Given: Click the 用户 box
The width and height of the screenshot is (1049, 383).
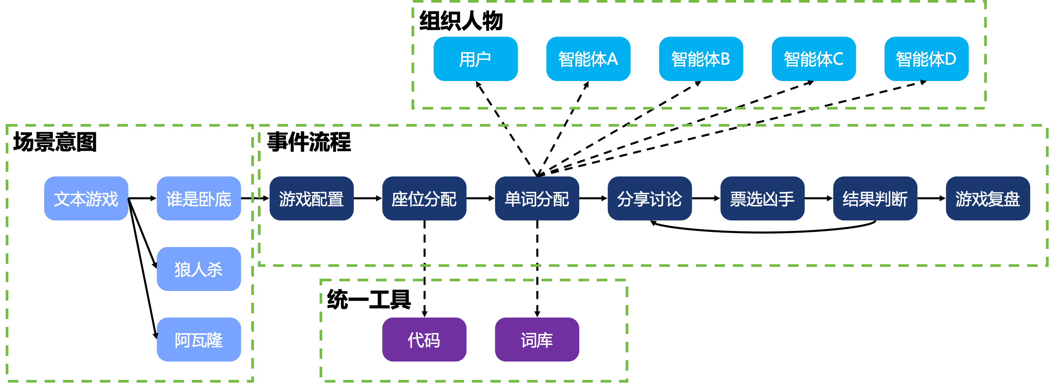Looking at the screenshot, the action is pyautogui.click(x=475, y=59).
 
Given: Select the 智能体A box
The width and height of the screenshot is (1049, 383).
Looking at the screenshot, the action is pyautogui.click(x=588, y=59).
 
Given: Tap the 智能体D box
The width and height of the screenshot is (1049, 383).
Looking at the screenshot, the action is pyautogui.click(x=926, y=59).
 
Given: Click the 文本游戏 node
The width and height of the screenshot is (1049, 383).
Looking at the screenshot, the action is pyautogui.click(x=86, y=199).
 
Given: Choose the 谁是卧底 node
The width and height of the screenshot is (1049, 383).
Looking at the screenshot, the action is pyautogui.click(x=199, y=199).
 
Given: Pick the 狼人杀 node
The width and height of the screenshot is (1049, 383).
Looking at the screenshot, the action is pyautogui.click(x=199, y=269).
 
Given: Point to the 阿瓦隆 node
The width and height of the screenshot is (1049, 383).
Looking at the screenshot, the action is pyautogui.click(x=199, y=340).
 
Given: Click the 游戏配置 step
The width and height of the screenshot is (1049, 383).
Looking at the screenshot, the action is pyautogui.click(x=311, y=199).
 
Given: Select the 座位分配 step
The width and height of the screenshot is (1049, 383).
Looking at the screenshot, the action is pyautogui.click(x=424, y=199).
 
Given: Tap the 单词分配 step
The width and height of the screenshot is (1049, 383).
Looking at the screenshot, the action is pyautogui.click(x=537, y=199).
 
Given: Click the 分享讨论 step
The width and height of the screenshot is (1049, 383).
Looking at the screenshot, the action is pyautogui.click(x=650, y=199).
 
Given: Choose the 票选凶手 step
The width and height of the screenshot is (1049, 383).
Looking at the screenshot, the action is pyautogui.click(x=762, y=199).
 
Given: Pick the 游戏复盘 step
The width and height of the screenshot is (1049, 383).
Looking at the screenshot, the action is pyautogui.click(x=988, y=199).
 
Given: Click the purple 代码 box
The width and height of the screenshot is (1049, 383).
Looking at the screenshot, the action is pyautogui.click(x=424, y=340).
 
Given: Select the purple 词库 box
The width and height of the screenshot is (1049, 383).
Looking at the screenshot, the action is pyautogui.click(x=537, y=340).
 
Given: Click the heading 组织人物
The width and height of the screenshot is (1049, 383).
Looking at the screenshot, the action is pyautogui.click(x=461, y=21).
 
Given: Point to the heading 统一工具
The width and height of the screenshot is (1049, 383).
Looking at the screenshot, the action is pyautogui.click(x=369, y=300).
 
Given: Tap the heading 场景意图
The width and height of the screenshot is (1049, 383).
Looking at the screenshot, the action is pyautogui.click(x=55, y=142).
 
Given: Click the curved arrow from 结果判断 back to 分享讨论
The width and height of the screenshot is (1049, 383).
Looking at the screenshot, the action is pyautogui.click(x=763, y=232).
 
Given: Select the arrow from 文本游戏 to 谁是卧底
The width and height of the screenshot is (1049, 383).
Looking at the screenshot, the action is pyautogui.click(x=142, y=199).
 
